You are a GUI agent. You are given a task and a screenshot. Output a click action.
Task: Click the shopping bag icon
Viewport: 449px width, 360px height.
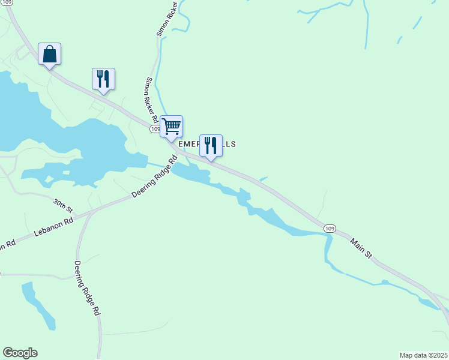pos(49,54)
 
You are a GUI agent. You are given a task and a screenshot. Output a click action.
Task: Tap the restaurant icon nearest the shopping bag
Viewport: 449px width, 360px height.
pos(103,79)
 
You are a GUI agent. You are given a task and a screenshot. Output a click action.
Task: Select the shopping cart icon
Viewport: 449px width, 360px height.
pos(171,127)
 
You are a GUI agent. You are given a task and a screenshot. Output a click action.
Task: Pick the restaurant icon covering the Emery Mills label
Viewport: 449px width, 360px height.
pos(210,145)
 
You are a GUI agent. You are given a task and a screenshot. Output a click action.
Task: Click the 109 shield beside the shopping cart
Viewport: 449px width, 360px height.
pos(155,129)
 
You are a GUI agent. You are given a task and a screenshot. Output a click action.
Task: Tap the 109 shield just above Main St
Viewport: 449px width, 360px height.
pos(329,229)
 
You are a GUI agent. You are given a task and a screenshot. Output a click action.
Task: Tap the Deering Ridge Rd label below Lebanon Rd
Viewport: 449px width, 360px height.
pos(87,288)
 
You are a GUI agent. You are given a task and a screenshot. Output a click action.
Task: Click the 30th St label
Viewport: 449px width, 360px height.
pos(62,206)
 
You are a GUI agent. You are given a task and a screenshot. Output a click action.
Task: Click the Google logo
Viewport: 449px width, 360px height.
pos(20,353)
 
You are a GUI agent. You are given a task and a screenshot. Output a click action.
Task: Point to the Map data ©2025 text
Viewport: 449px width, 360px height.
pos(423,355)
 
